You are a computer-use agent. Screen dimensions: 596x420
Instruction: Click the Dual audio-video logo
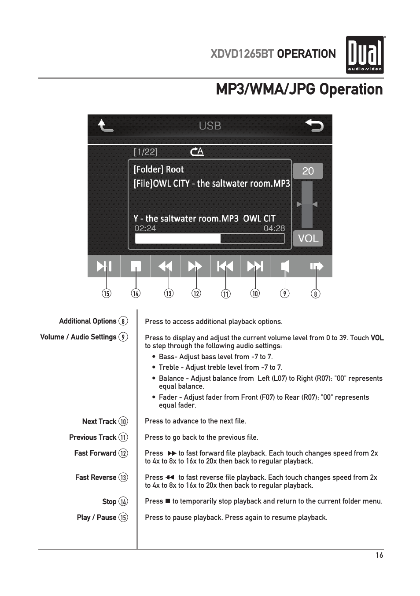365,55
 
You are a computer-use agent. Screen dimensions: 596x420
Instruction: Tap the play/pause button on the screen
104,266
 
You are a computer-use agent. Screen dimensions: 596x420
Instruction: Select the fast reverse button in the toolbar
165,266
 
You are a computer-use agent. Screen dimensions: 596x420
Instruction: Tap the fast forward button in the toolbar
195,266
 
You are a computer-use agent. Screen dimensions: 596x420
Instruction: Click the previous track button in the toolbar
225,266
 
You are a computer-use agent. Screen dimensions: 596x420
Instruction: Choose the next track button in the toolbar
255,266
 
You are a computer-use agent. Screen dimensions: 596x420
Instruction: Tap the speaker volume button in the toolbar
285,266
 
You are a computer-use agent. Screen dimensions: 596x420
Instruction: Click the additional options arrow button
316,266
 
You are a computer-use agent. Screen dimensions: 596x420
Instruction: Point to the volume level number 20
308,171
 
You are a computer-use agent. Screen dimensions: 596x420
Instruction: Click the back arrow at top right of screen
314,126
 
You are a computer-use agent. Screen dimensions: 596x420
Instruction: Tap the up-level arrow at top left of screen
105,126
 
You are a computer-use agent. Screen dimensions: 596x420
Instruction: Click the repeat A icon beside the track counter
197,152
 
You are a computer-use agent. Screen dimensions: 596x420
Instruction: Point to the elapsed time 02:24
145,228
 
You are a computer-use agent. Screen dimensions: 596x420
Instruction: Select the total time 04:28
274,228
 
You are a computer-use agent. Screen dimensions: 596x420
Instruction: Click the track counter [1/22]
146,152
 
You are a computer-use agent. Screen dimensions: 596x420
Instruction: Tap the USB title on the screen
210,126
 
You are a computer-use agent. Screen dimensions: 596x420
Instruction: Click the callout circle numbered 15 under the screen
106,294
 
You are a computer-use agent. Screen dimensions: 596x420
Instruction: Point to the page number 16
379,555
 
